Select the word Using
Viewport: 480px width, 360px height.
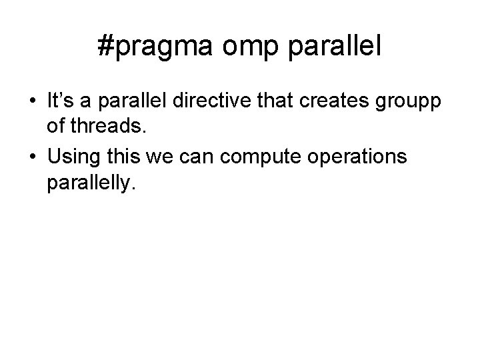tap(73, 158)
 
